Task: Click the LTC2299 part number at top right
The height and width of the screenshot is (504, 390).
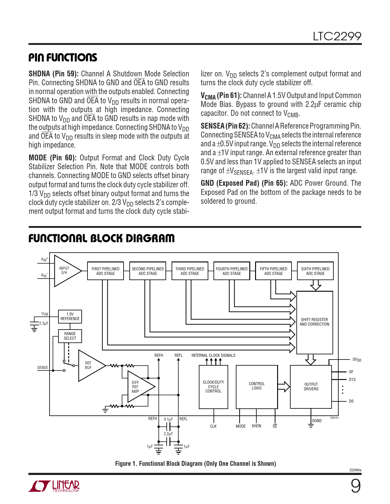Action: point(337,36)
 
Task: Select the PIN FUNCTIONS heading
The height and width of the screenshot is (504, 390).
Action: point(63,57)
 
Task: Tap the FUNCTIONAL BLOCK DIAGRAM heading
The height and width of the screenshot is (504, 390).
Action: point(101,238)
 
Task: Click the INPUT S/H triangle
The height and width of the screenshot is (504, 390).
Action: point(65,271)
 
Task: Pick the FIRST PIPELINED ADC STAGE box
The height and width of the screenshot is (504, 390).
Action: point(106,271)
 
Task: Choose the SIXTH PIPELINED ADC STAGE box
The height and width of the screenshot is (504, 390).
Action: point(315,271)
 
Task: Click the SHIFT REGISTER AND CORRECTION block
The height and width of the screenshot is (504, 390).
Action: point(314,322)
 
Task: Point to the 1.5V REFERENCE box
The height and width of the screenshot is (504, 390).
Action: point(70,316)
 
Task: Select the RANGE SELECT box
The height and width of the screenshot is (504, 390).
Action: point(70,336)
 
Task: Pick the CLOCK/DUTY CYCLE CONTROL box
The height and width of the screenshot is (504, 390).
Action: point(213,387)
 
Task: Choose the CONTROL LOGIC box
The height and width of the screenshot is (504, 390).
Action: point(257,386)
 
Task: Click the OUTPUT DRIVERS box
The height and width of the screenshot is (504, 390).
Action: point(311,387)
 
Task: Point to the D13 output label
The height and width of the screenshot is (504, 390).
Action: point(352,379)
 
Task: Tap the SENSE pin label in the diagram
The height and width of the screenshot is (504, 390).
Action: point(43,367)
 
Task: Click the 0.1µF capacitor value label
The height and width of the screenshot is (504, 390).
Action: point(168,419)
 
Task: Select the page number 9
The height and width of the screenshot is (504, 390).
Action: point(355,486)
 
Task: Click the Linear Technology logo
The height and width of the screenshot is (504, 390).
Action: point(54,486)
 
